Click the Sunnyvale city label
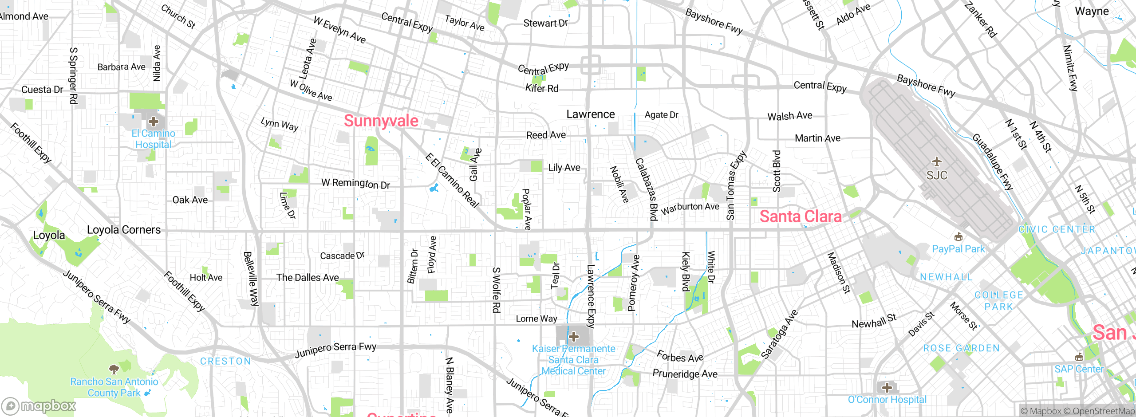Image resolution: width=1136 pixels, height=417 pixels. click(381, 121)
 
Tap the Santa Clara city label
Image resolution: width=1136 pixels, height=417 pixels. click(800, 216)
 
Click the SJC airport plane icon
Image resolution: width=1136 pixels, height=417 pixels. click(936, 161)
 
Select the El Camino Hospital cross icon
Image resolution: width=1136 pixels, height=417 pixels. click(154, 121)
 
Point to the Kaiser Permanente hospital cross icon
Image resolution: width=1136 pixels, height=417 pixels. click(573, 337)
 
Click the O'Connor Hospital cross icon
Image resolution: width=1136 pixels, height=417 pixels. click(887, 388)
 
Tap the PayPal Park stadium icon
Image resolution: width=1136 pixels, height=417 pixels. click(958, 237)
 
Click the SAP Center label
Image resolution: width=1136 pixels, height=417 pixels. click(1079, 369)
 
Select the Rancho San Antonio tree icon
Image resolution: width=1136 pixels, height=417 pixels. click(114, 369)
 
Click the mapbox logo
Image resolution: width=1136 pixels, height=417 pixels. click(39, 405)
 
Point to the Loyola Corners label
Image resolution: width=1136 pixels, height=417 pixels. click(124, 230)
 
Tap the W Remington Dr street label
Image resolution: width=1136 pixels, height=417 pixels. click(355, 183)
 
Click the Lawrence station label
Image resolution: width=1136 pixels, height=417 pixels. click(590, 114)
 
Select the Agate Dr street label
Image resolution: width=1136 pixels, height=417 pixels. click(661, 115)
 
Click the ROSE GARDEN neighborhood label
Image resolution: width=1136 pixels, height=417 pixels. click(961, 348)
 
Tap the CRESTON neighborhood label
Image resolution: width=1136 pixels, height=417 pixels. click(225, 361)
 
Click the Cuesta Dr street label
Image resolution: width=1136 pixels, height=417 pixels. click(42, 90)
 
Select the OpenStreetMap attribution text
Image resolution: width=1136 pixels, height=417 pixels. click(1102, 411)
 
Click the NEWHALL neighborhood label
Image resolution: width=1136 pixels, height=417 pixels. click(946, 277)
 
